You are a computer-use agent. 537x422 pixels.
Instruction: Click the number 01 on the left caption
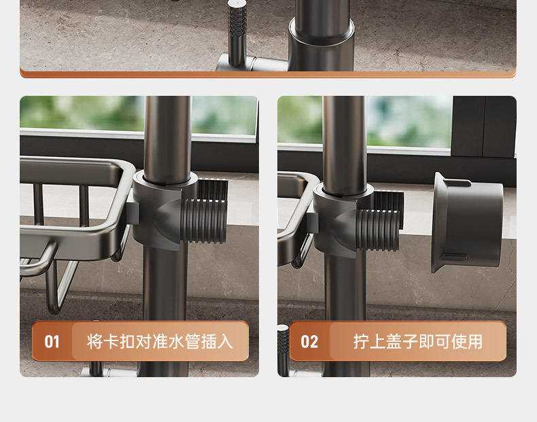[x=52, y=342]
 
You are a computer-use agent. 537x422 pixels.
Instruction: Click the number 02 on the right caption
[x=309, y=342]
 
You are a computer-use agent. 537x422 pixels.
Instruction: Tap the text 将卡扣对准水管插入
[x=160, y=342]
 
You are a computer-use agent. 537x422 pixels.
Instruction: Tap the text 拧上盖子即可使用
[x=418, y=342]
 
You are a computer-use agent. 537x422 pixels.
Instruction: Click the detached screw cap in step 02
[x=467, y=222]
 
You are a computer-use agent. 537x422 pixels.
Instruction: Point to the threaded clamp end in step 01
[x=205, y=216]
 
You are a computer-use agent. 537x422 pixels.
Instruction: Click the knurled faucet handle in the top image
[x=237, y=33]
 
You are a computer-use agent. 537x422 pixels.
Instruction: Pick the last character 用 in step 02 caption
[x=475, y=342]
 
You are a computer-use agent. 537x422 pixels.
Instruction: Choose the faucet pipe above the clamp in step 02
[x=345, y=144]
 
